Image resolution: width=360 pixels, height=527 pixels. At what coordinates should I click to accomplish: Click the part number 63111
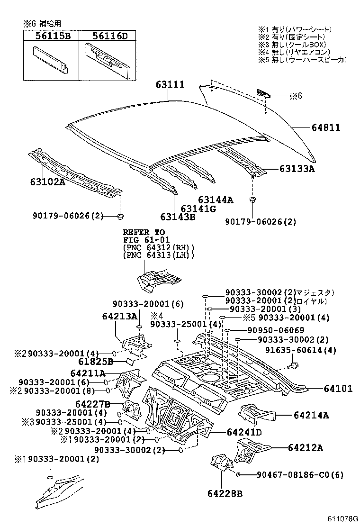(x=170, y=84)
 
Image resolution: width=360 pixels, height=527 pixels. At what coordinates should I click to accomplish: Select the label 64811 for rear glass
(x=326, y=127)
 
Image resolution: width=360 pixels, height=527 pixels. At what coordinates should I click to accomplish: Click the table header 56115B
(x=50, y=35)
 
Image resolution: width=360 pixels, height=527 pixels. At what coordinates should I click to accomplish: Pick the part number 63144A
(x=216, y=200)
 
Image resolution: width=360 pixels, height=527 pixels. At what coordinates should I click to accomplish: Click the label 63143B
(x=178, y=217)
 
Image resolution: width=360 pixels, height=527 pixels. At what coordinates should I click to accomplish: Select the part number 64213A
(x=119, y=316)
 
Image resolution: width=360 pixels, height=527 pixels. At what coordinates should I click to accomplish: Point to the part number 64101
(x=338, y=389)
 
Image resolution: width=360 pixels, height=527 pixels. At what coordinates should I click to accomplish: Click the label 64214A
(x=311, y=416)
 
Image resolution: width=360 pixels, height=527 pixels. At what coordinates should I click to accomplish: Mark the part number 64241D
(x=244, y=432)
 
